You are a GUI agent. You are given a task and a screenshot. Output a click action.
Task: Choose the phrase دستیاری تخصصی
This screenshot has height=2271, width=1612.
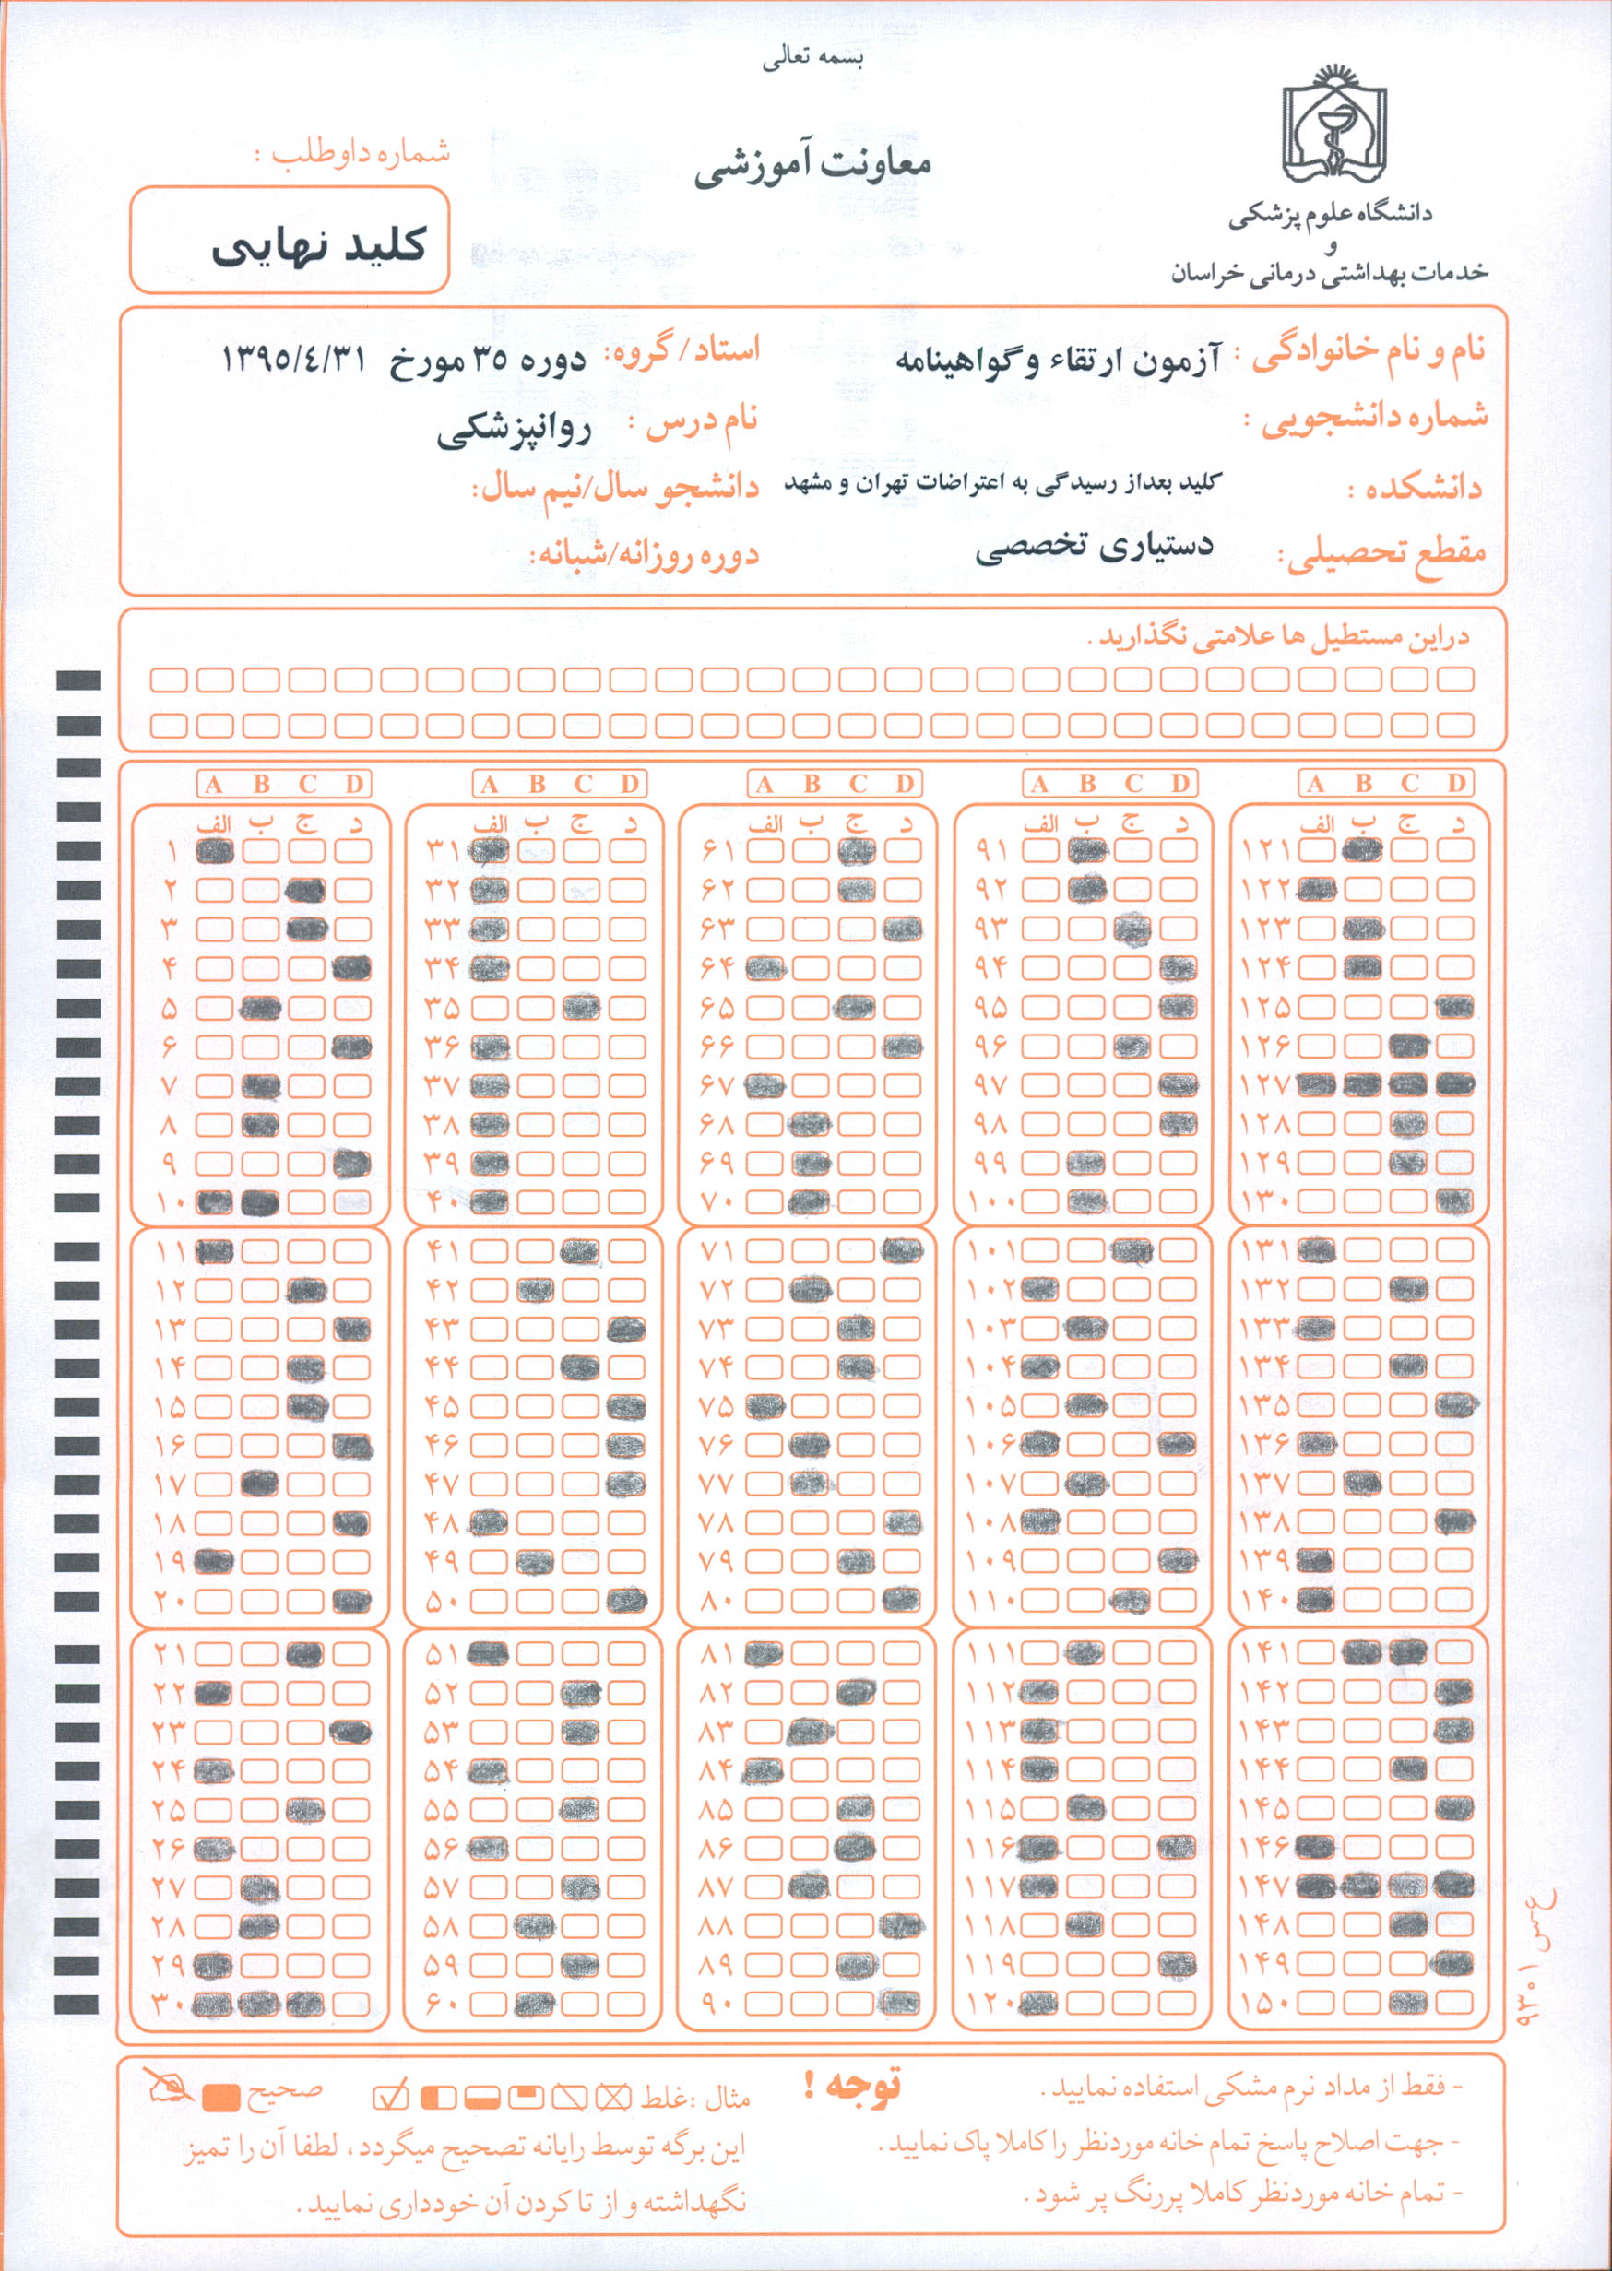[1094, 547]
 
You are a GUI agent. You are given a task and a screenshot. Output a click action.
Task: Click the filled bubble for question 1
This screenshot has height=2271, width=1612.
[214, 851]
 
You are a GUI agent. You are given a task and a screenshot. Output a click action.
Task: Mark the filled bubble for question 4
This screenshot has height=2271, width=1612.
[352, 968]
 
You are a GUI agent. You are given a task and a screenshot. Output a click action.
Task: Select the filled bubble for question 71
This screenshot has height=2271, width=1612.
[900, 1250]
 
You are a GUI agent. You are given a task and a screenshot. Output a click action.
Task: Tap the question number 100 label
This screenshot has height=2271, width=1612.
[990, 1203]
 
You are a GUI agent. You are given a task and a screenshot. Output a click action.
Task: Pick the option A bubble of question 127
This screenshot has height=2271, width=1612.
[1316, 1085]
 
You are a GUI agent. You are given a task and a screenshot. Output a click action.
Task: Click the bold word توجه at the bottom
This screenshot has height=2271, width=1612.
[854, 2086]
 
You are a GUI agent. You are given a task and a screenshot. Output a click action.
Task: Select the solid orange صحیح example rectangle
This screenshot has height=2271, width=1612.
[221, 2098]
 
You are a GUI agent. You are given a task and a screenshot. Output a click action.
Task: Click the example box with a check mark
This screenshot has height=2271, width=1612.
[390, 2097]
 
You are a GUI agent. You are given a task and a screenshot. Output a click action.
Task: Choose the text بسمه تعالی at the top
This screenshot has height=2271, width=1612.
[813, 59]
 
